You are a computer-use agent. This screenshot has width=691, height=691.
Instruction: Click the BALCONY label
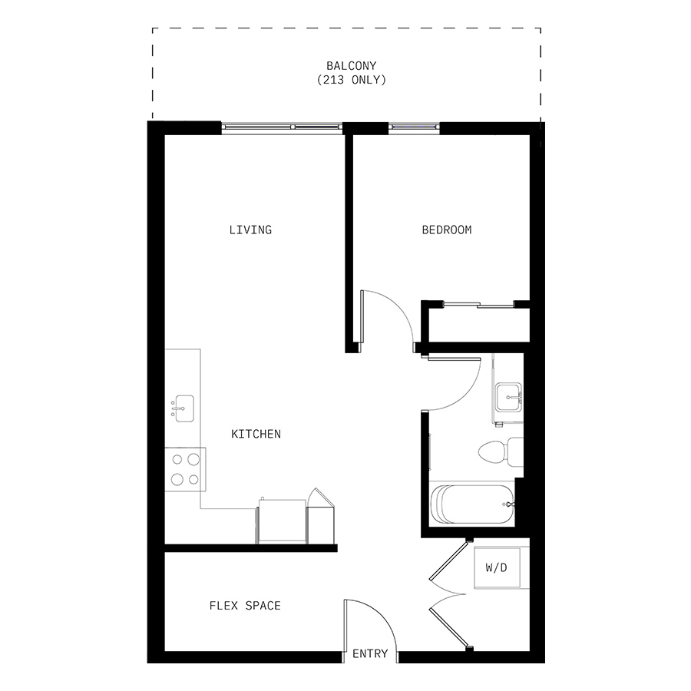(x=351, y=66)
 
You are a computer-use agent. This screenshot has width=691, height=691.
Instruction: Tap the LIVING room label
(x=250, y=230)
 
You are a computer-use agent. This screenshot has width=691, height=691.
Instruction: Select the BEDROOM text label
(x=446, y=230)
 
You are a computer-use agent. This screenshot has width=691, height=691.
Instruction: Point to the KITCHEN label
(x=256, y=434)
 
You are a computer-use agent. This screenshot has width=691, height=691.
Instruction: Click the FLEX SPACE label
(x=245, y=606)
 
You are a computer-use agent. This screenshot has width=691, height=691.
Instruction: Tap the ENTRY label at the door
(x=370, y=653)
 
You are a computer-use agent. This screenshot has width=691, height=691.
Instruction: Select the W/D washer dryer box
(x=497, y=567)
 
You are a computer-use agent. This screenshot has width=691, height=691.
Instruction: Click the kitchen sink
(x=184, y=408)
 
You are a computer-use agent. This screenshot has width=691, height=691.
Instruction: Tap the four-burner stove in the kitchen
(x=186, y=469)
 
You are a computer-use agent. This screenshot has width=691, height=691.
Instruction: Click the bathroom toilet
(x=501, y=452)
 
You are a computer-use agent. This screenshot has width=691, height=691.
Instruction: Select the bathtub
(x=472, y=504)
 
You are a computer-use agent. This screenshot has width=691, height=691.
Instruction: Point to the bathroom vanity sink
(x=508, y=398)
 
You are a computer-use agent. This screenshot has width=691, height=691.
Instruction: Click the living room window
(x=282, y=127)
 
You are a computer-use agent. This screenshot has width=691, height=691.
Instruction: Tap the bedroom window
(x=414, y=127)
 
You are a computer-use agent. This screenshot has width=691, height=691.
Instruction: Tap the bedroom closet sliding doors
(x=478, y=305)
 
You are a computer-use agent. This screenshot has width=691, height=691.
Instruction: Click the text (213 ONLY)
(x=351, y=80)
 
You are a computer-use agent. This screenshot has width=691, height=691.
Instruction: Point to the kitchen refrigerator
(x=282, y=521)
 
